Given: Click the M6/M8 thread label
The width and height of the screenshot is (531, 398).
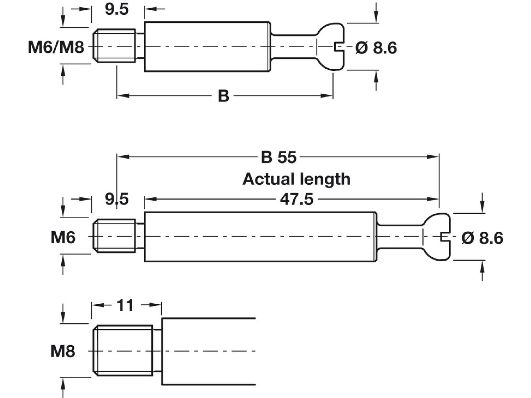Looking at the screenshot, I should (x=56, y=47).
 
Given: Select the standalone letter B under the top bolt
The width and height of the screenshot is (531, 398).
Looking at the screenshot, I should (x=223, y=96).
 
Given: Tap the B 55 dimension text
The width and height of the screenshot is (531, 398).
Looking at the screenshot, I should (x=278, y=157).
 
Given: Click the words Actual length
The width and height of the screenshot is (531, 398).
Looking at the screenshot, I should (x=296, y=179).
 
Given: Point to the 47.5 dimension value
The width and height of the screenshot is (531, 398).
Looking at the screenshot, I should (x=296, y=200).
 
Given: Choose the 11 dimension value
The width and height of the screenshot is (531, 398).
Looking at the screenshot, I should (x=125, y=305).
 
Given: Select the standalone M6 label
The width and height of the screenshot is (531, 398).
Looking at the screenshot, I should (x=63, y=237).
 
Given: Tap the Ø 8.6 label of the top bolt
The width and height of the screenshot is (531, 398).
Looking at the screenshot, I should (x=376, y=48).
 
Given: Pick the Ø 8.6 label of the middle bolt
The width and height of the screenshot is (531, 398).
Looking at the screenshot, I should (x=482, y=238).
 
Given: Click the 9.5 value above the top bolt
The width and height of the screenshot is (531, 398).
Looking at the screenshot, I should (x=117, y=9).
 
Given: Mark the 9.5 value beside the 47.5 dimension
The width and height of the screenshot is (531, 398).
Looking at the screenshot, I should (x=117, y=199).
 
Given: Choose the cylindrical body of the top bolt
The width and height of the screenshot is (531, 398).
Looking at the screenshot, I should (x=206, y=47).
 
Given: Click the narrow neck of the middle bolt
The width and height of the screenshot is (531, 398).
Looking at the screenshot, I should (x=400, y=237).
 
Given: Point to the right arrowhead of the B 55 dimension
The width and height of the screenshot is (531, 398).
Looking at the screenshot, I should (x=434, y=157).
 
